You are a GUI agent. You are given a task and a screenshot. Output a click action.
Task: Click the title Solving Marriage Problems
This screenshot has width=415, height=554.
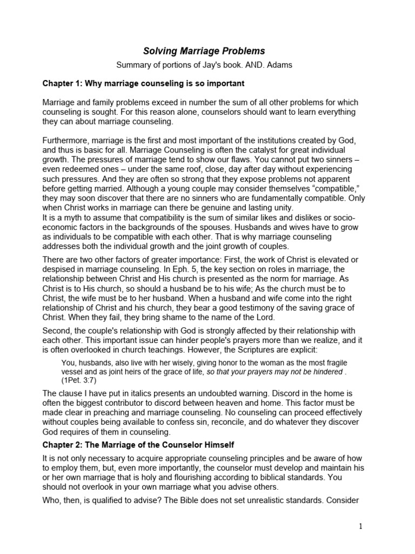tap(204, 51)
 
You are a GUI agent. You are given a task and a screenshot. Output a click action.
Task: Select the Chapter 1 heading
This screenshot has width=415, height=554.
tap(143, 84)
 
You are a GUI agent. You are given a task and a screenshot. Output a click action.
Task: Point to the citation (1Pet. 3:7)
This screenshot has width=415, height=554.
tap(81, 380)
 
